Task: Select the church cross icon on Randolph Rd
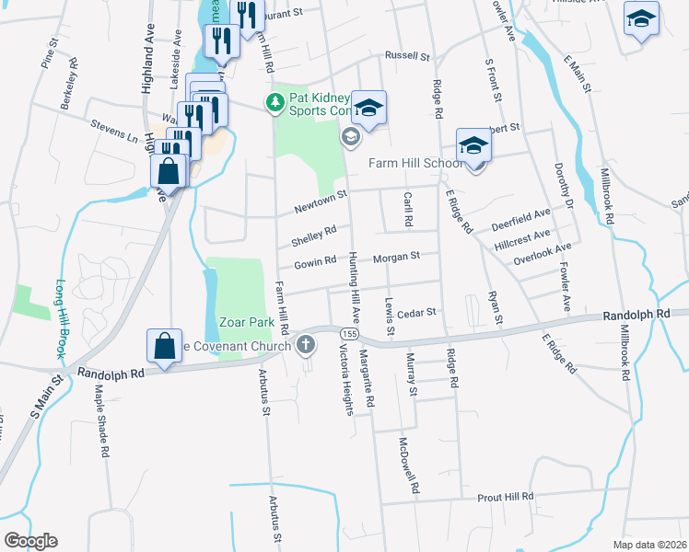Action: click(x=307, y=346)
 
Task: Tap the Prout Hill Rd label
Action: click(x=505, y=497)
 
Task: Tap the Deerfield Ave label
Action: click(x=520, y=217)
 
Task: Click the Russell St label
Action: click(x=408, y=56)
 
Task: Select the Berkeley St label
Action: click(x=72, y=88)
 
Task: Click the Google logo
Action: click(x=30, y=540)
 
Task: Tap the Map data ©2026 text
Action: click(x=650, y=545)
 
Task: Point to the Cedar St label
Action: click(x=415, y=312)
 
